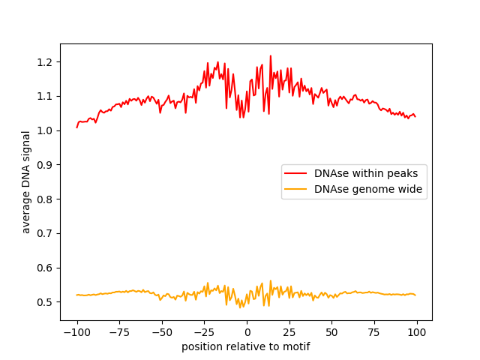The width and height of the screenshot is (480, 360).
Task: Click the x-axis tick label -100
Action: click(76, 332)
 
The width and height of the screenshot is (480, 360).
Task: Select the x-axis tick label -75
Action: click(119, 332)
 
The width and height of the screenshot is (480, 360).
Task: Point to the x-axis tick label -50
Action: click(162, 332)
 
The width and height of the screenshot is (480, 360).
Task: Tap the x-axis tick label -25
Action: click(204, 332)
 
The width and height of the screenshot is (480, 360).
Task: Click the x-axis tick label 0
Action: click(247, 332)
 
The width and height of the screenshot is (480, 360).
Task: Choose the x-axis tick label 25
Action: click(289, 332)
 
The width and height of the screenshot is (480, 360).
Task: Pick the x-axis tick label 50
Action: click(332, 332)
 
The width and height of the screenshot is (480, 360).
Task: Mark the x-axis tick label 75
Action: click(375, 332)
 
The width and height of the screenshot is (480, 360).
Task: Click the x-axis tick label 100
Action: click(418, 332)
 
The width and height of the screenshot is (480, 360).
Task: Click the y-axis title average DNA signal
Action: click(26, 181)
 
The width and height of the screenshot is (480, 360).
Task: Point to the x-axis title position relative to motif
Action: click(246, 346)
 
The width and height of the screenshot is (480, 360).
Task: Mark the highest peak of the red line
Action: click(271, 55)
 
